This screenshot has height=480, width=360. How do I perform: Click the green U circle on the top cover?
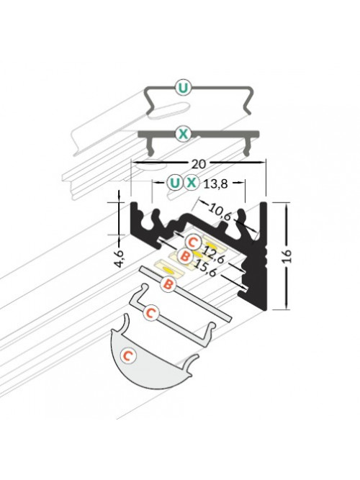pos(183,88)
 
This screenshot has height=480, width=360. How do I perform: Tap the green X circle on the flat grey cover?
pos(183,134)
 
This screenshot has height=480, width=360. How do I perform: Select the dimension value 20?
pos(199,164)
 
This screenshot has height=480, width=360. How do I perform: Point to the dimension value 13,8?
pos(216,184)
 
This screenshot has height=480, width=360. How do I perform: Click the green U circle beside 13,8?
pos(175,183)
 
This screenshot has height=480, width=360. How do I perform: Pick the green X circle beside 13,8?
pos(192,183)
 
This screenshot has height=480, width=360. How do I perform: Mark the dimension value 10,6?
pos(220,212)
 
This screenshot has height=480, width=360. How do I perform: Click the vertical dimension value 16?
pos(288,256)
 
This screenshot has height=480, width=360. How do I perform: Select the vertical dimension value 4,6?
pos(120,258)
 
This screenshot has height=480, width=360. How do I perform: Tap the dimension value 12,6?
pos(214,255)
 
